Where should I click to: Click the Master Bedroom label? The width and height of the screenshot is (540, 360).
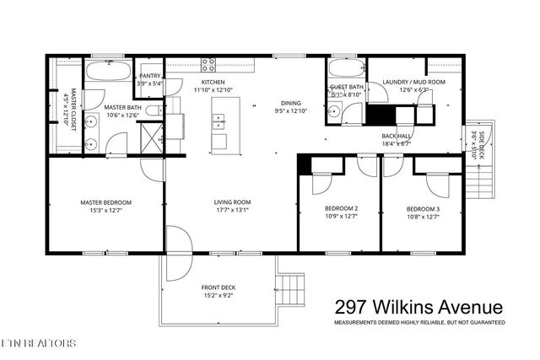[105, 202]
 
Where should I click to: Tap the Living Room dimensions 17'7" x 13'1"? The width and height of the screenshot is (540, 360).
[231, 211]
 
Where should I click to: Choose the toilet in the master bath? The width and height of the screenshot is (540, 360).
[153, 110]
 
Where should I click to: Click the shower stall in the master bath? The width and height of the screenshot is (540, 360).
[152, 137]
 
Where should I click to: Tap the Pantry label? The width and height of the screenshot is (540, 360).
[150, 76]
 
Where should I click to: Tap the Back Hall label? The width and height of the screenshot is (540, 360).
[395, 136]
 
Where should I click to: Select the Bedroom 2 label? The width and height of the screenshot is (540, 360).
[341, 208]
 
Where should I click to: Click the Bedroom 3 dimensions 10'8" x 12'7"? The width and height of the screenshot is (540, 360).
[423, 217]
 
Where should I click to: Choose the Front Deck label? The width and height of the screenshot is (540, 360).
[218, 287]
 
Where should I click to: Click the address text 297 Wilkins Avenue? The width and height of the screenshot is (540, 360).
[418, 308]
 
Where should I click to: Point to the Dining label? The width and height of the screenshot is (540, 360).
[291, 104]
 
